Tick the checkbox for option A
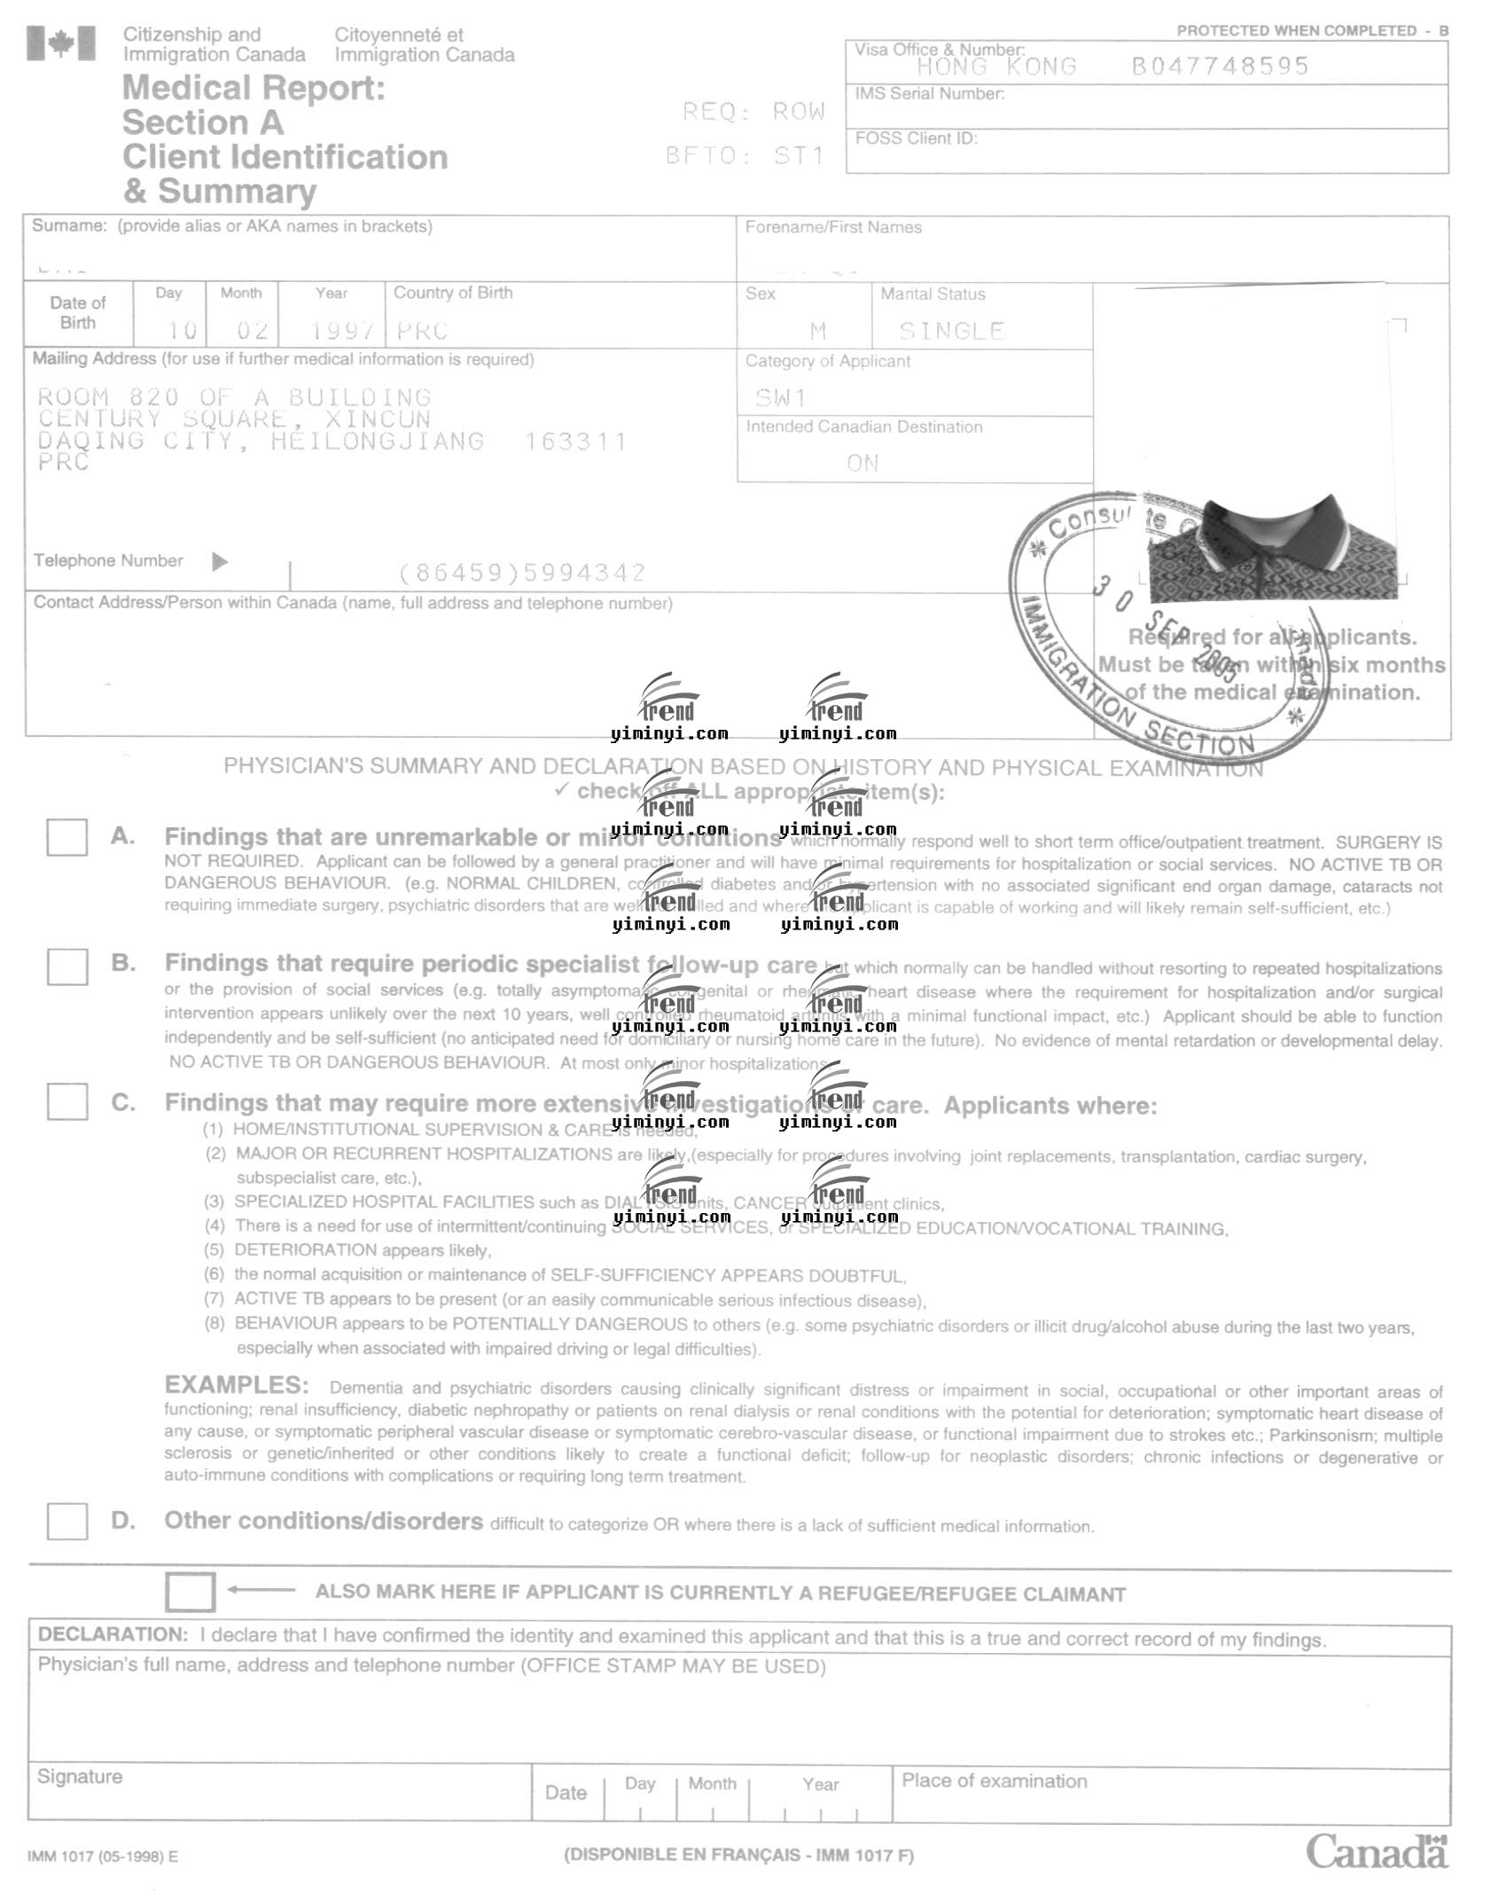pos(66,837)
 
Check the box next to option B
pos(66,966)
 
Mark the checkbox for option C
pos(66,1102)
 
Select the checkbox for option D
pos(66,1522)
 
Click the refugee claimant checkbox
pos(190,1592)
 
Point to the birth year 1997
pos(342,331)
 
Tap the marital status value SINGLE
pos(951,332)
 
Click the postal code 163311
pos(575,442)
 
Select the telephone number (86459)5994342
pos(522,573)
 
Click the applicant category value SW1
pos(780,397)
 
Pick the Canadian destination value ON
pos(863,463)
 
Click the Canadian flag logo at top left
pos(60,43)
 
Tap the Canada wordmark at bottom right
pos(1376,1852)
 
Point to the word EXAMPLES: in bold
pos(237,1385)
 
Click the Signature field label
pos(80,1776)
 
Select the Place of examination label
pos(994,1781)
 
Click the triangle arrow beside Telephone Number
pos(220,561)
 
